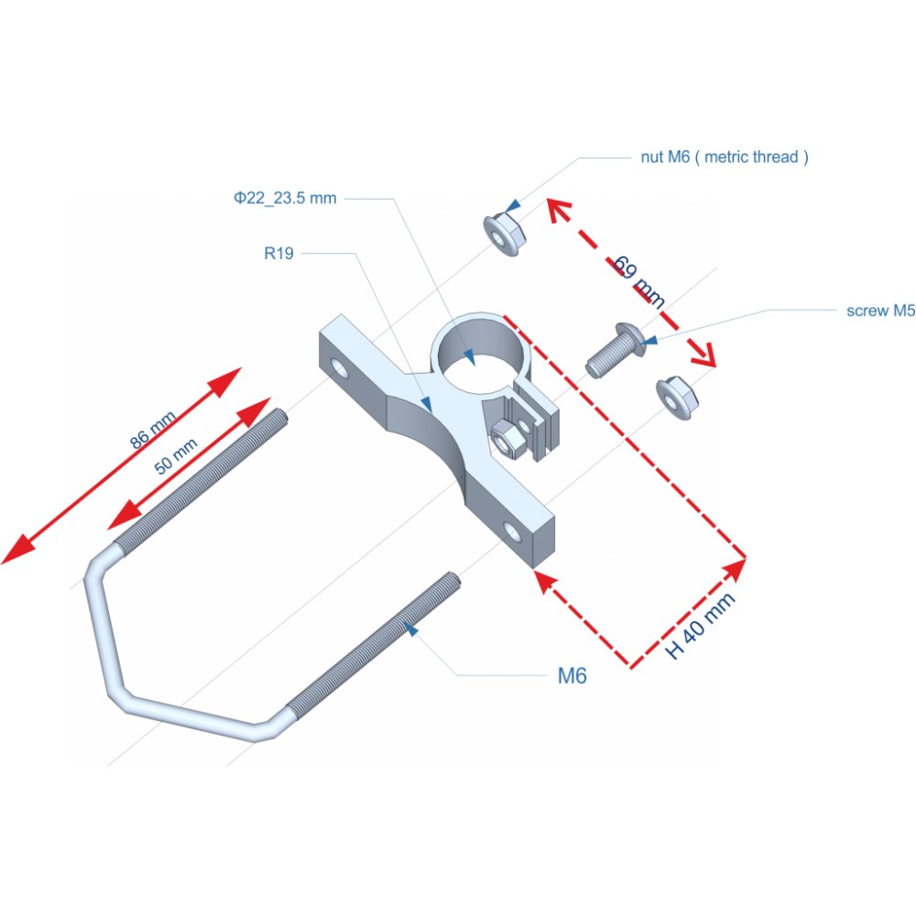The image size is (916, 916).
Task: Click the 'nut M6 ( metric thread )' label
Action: click(724, 157)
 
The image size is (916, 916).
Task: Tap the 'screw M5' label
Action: click(880, 311)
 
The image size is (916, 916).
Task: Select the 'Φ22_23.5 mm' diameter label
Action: click(285, 198)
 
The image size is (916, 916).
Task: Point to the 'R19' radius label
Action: click(278, 254)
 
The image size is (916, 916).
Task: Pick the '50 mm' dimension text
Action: click(176, 456)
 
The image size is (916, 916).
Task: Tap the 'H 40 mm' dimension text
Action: click(701, 627)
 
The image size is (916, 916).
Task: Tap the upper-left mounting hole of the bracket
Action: click(342, 368)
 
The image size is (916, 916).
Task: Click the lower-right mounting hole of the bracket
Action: click(513, 531)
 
